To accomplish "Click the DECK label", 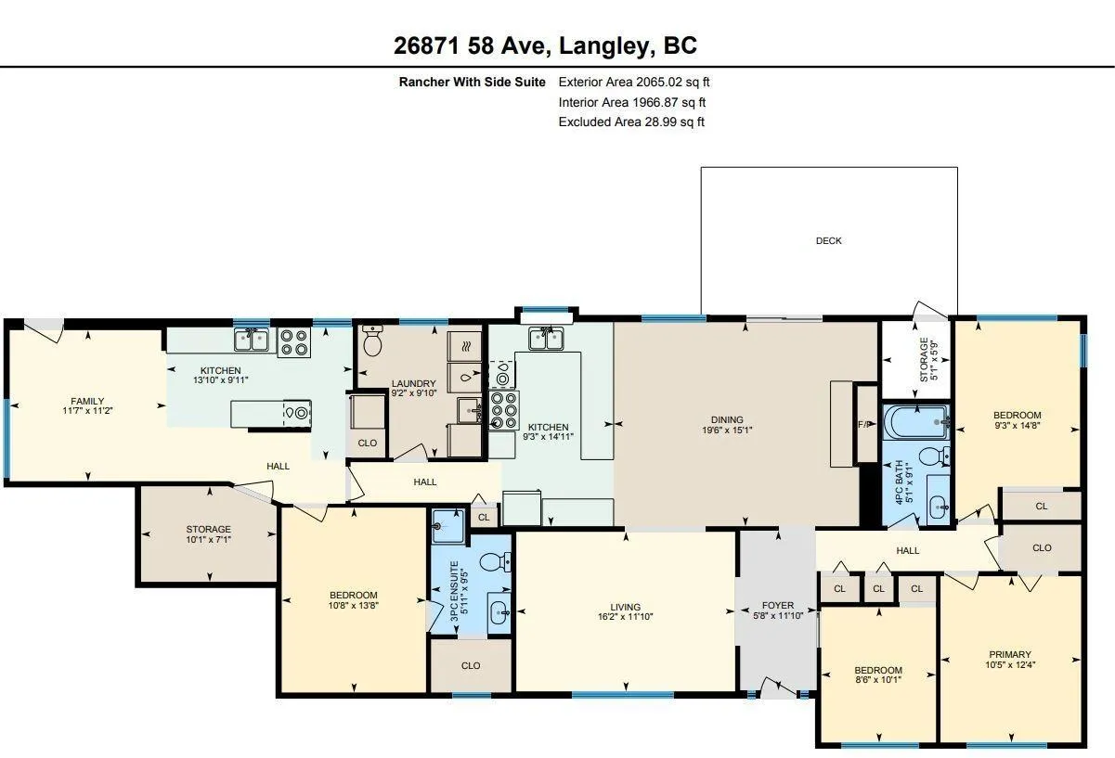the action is [829, 240].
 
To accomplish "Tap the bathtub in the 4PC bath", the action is [916, 422].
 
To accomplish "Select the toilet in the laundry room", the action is [372, 340].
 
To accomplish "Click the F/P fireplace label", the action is [864, 424].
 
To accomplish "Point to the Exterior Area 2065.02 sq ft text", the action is [634, 82].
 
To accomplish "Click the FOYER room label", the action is [777, 605].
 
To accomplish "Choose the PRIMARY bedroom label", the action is [1010, 654].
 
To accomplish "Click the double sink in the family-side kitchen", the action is [252, 340].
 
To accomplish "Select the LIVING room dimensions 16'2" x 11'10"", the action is [625, 617].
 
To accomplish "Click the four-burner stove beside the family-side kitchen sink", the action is [293, 342].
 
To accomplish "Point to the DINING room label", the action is [727, 419].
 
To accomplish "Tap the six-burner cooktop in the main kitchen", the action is [504, 410].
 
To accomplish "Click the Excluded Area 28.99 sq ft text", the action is [631, 122].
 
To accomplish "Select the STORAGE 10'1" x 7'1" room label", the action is [209, 534].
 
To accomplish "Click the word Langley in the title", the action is [604, 46].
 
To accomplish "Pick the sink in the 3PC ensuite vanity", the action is [499, 612].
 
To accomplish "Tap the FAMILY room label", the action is [87, 401].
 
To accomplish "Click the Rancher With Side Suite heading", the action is [472, 82].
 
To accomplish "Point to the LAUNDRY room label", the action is [414, 383].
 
